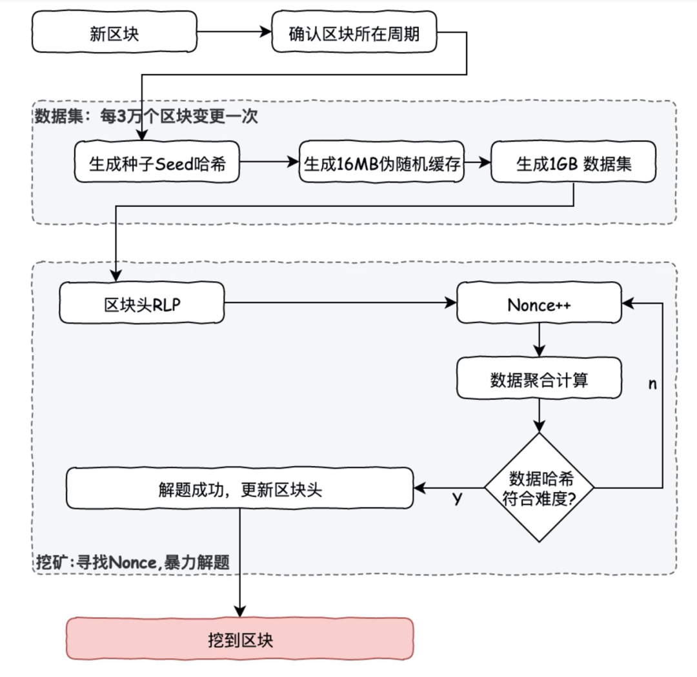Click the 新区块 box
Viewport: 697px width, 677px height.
click(x=114, y=32)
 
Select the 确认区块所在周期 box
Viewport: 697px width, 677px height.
click(x=354, y=32)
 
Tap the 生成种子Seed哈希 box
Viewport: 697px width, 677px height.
click(x=157, y=162)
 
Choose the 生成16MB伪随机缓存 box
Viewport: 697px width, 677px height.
click(x=382, y=162)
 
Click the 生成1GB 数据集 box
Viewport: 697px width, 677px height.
click(x=574, y=162)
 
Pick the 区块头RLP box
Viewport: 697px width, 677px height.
click(x=142, y=303)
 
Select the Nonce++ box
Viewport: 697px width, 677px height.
click(x=539, y=303)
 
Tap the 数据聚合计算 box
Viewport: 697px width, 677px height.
click(x=539, y=378)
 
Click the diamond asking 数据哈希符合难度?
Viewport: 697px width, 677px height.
click(x=539, y=487)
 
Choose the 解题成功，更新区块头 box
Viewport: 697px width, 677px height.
click(x=240, y=488)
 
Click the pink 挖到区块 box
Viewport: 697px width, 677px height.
click(x=240, y=638)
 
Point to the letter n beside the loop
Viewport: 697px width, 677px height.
click(x=652, y=384)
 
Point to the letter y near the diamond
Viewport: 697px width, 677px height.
click(x=458, y=498)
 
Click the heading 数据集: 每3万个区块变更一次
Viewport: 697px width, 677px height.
click(x=146, y=117)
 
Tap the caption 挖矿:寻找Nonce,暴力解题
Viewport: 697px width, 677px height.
click(x=132, y=562)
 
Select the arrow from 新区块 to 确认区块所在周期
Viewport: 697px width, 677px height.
click(x=234, y=32)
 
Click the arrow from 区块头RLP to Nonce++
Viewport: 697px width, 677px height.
click(x=341, y=303)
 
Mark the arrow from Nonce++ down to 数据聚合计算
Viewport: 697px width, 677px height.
click(x=539, y=340)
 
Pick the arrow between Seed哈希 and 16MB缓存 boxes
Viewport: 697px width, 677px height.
click(x=269, y=162)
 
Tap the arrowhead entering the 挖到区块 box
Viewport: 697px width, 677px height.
click(x=240, y=612)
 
